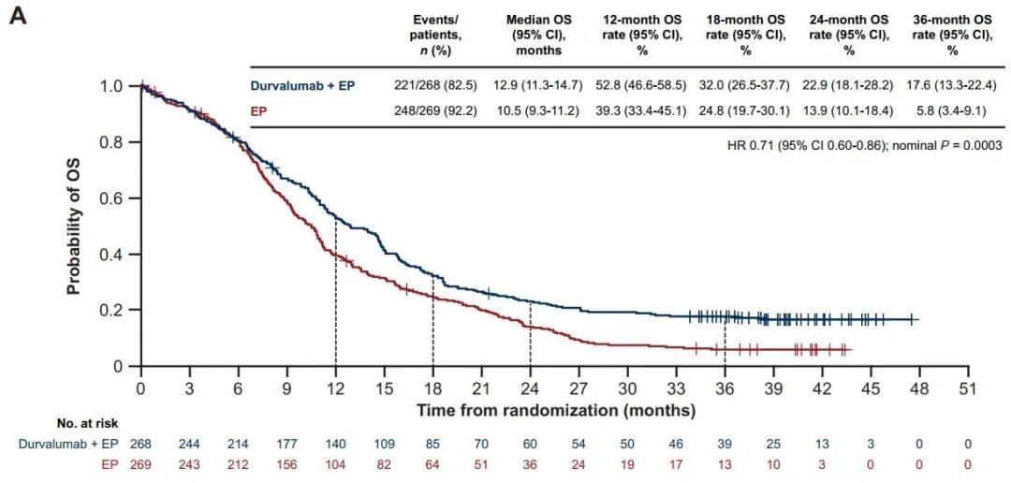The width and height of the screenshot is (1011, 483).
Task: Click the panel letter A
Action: click(x=19, y=18)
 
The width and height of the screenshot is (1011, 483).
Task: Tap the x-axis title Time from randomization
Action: click(x=556, y=410)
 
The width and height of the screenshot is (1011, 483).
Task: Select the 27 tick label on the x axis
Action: click(x=579, y=388)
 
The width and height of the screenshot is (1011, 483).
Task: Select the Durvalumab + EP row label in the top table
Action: click(x=301, y=85)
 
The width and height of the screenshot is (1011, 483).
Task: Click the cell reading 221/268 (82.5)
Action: click(x=431, y=85)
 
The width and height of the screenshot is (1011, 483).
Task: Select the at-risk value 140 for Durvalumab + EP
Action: click(x=335, y=443)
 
